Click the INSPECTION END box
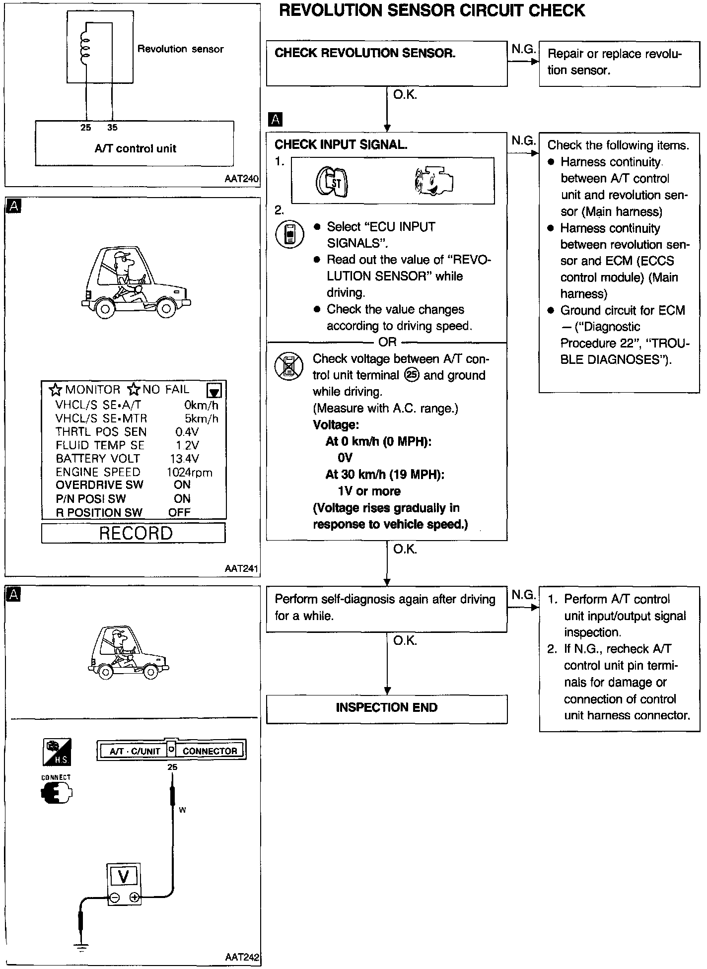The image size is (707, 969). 387,708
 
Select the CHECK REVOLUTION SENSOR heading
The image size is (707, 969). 365,53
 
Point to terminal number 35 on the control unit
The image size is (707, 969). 112,128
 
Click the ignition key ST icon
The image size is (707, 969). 332,181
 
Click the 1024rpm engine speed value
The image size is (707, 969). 190,472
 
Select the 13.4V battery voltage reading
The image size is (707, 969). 184,459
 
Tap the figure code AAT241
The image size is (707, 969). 241,568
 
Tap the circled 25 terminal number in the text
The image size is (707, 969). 412,375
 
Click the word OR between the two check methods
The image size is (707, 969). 387,342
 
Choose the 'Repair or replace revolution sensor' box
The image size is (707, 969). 619,64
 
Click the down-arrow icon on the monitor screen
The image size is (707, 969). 214,390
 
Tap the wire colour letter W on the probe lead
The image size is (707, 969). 182,810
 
